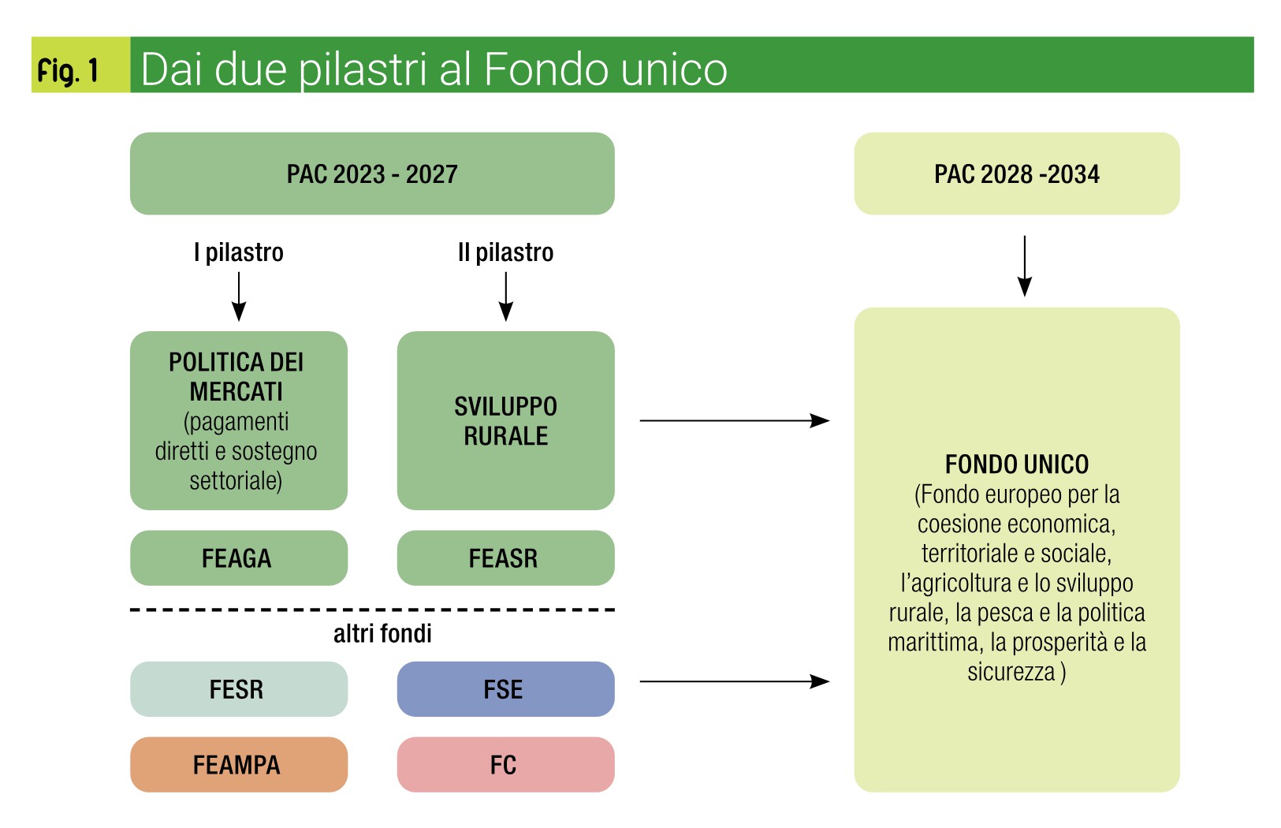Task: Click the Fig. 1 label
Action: click(x=68, y=71)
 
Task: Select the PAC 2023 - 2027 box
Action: click(x=372, y=174)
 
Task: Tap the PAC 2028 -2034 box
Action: click(x=1017, y=174)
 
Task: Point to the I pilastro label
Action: click(x=239, y=252)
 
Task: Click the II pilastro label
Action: click(x=505, y=252)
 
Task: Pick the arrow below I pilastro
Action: click(x=239, y=297)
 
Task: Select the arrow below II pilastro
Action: click(x=505, y=297)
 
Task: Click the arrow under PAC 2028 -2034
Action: click(x=1025, y=266)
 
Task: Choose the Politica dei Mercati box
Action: click(x=239, y=420)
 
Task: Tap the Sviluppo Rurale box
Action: click(x=505, y=420)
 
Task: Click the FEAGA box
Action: click(x=239, y=558)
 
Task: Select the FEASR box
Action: click(x=505, y=558)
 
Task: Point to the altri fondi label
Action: click(x=382, y=634)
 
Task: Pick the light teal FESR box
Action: click(x=239, y=689)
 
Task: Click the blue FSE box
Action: click(x=505, y=689)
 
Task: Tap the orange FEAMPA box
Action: click(x=239, y=764)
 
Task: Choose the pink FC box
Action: click(x=505, y=764)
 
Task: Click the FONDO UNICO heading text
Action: click(x=1017, y=464)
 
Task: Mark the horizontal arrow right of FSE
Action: click(x=735, y=681)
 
